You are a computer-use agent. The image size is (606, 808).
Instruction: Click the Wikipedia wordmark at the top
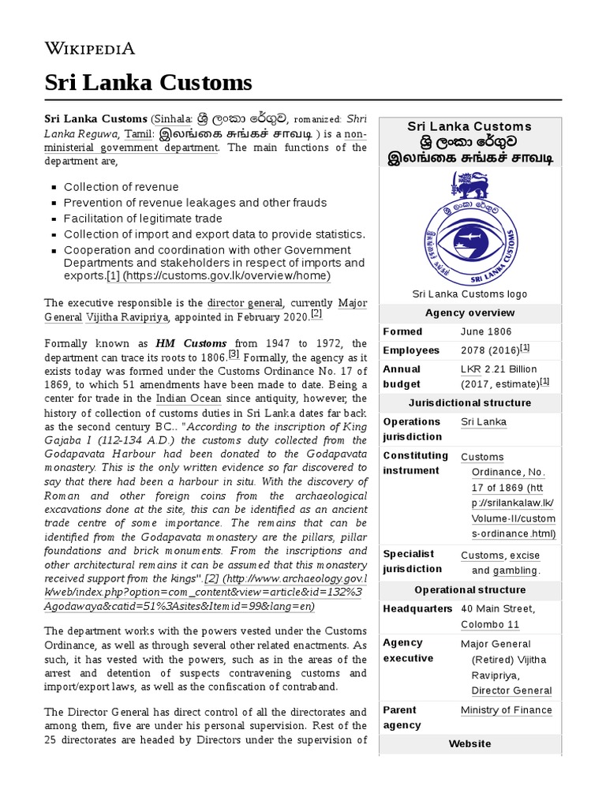(x=90, y=48)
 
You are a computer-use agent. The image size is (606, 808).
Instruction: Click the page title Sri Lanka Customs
(x=148, y=82)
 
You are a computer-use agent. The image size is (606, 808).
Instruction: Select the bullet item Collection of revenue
(x=121, y=187)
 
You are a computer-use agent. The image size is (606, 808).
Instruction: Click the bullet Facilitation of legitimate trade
(x=143, y=219)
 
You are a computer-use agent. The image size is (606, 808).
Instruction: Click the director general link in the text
(x=245, y=302)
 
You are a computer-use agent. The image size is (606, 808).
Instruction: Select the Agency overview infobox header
(x=469, y=313)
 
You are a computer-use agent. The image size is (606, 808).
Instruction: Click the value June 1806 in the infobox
(x=486, y=332)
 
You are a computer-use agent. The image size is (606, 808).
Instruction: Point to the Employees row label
(x=410, y=350)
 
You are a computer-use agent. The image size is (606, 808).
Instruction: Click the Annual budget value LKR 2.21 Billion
(x=498, y=369)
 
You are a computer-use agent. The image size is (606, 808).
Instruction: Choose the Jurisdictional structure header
(x=469, y=403)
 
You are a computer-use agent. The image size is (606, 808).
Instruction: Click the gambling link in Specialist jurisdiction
(x=515, y=570)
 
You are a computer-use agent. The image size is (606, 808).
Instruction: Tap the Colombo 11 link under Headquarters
(x=490, y=625)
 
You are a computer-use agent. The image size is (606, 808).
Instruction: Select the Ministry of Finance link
(x=506, y=710)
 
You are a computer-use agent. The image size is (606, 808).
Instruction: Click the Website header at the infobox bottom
(x=469, y=744)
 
